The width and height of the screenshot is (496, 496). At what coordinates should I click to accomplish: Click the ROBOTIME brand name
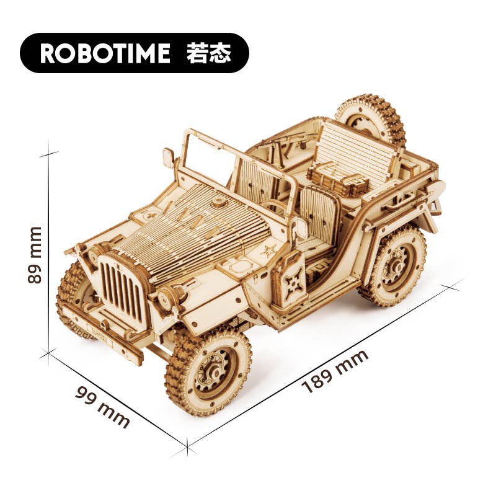click(x=105, y=53)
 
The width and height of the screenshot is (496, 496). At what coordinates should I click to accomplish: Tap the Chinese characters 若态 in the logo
click(x=208, y=53)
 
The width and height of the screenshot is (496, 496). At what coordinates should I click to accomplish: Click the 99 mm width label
click(x=102, y=407)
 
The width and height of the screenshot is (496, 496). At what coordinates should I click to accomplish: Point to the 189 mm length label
click(x=335, y=371)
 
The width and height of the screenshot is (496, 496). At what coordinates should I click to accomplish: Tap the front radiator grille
click(x=121, y=288)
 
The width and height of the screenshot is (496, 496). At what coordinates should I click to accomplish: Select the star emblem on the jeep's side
click(x=269, y=252)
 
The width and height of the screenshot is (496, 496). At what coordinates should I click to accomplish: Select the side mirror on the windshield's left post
click(x=169, y=157)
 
